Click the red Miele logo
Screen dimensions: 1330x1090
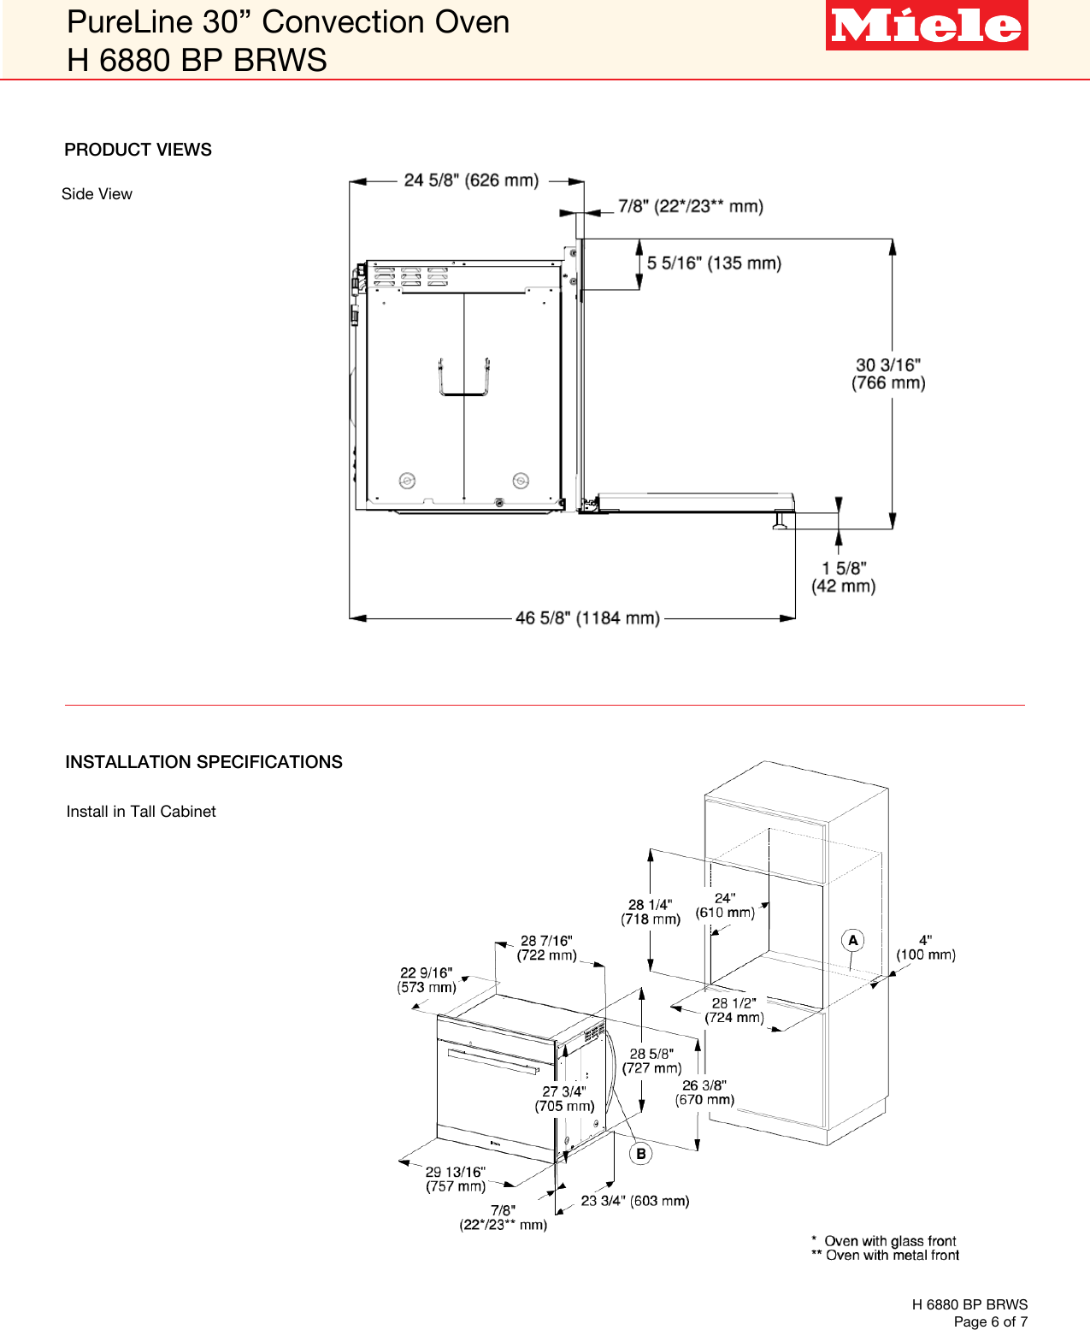coord(926,26)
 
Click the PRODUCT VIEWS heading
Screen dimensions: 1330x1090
coord(138,150)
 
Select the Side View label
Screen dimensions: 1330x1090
coord(97,194)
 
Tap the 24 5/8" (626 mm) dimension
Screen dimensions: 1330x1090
coord(471,180)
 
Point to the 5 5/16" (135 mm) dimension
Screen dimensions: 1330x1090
coord(714,263)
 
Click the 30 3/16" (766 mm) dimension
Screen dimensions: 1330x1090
coord(888,375)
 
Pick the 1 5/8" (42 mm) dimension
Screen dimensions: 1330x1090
coord(844,577)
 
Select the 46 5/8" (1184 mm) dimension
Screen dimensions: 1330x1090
coord(587,618)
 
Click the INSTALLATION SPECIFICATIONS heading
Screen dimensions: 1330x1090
coord(203,762)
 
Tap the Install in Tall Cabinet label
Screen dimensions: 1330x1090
coord(141,812)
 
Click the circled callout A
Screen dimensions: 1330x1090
coord(852,941)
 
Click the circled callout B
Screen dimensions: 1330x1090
coord(640,1154)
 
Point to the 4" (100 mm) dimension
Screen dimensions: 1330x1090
coord(926,948)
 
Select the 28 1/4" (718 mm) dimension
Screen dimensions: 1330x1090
coord(651,912)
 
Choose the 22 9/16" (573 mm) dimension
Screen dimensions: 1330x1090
coord(427,980)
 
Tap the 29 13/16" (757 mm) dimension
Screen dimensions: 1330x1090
coord(456,1179)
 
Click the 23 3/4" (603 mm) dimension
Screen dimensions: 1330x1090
coord(634,1201)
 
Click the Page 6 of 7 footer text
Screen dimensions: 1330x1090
coord(990,1321)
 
